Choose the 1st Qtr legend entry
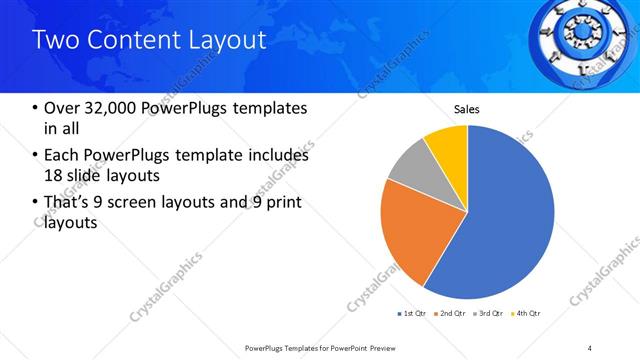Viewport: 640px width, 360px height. pyautogui.click(x=414, y=314)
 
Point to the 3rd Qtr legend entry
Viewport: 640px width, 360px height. pyautogui.click(x=491, y=314)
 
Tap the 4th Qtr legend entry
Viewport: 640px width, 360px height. pyautogui.click(x=528, y=314)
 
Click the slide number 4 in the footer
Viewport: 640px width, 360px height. pyautogui.click(x=591, y=347)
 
